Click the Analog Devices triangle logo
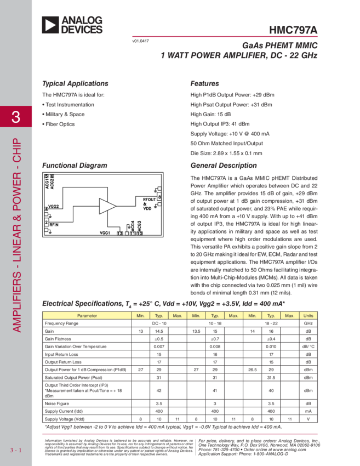(x=50, y=25)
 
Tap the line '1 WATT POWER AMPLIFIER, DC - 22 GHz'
(x=239, y=55)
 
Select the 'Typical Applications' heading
(x=75, y=84)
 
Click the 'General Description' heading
(x=223, y=166)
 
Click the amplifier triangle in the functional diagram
(x=107, y=207)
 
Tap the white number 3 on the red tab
(x=16, y=117)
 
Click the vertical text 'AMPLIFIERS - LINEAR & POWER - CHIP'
(x=16, y=233)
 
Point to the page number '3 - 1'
(x=15, y=451)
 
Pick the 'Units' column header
(x=308, y=316)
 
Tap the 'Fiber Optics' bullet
(x=59, y=124)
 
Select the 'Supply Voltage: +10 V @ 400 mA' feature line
(x=230, y=134)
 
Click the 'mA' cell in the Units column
(x=308, y=410)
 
